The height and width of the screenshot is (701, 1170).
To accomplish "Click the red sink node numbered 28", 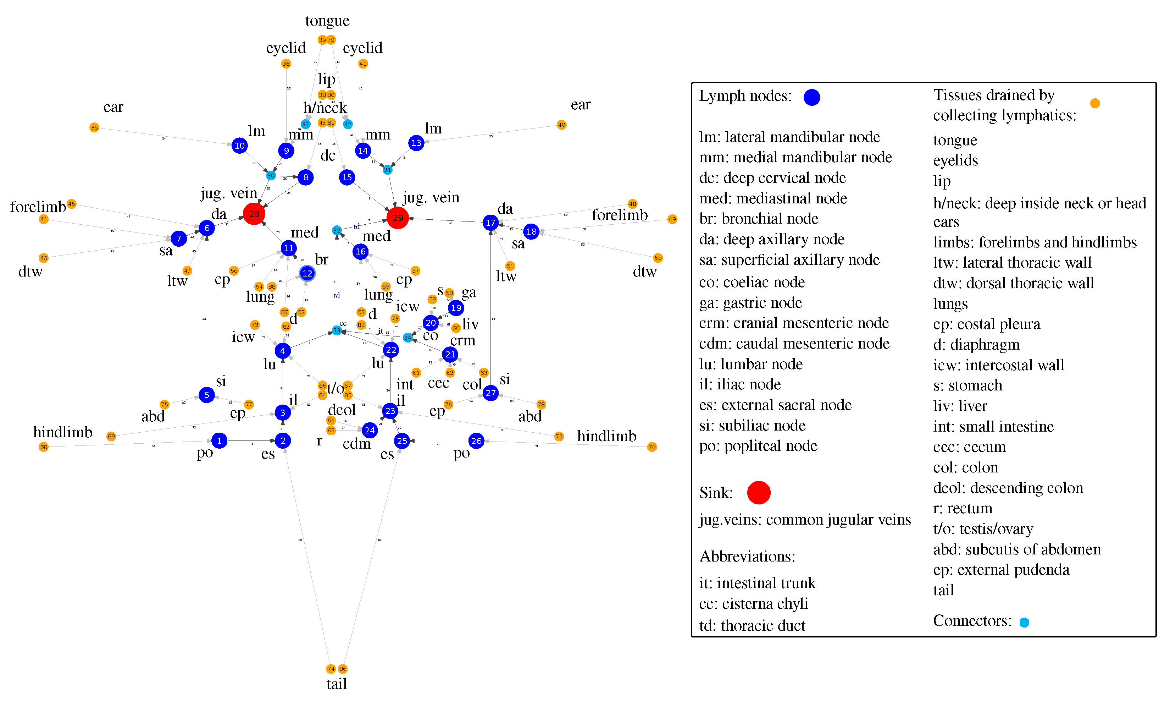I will point(254,214).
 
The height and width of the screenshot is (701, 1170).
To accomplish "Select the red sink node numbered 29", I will point(398,218).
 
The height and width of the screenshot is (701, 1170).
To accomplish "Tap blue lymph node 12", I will point(307,274).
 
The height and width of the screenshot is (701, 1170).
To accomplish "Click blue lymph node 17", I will point(490,223).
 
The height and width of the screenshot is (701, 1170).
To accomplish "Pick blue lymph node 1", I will point(219,441).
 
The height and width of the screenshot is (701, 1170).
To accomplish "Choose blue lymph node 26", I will point(476,441).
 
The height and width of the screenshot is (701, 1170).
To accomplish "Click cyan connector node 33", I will point(337,330).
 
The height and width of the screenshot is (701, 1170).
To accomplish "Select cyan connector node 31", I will point(388,170).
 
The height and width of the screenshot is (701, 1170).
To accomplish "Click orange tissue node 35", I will point(94,127).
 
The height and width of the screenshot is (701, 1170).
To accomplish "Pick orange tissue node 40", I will point(561,125).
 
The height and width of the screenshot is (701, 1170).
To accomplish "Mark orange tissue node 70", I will point(652,447).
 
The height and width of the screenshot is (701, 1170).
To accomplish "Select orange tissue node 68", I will point(44,447).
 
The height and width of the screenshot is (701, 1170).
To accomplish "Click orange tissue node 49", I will point(672,219).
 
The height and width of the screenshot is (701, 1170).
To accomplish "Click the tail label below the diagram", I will point(337,684).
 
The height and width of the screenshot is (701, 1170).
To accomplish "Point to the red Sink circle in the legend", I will point(759,493).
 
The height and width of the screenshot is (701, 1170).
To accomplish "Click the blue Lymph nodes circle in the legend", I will point(812,97).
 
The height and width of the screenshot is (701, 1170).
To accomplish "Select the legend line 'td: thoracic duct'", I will point(752,625).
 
